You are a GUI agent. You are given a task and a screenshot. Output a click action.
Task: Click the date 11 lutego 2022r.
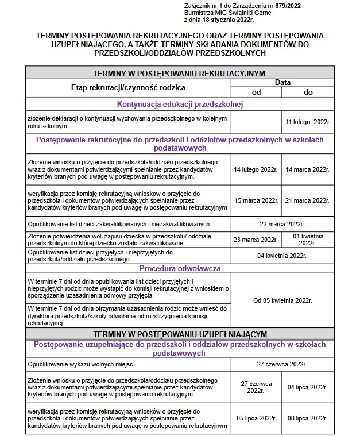coord(308,122)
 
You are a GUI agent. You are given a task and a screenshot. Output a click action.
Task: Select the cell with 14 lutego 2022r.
coord(256,170)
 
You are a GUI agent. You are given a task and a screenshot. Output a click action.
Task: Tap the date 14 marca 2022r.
coord(308,170)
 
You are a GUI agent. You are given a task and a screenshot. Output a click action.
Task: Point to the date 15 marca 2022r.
coord(256,200)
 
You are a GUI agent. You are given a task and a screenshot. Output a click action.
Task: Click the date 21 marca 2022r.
coord(308,200)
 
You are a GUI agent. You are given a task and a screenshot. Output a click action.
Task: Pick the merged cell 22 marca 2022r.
coord(281,223)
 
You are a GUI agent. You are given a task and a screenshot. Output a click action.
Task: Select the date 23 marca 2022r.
coord(256,240)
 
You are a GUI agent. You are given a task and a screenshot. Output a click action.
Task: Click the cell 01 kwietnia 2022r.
coord(308,240)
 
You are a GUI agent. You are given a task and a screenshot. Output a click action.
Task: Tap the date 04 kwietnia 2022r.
coord(281,256)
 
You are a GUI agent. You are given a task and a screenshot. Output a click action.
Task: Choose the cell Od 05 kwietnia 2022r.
coord(281,300)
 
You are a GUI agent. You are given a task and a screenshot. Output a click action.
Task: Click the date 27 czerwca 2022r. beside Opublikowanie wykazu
coord(281,364)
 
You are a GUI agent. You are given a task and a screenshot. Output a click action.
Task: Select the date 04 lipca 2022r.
coord(308,387)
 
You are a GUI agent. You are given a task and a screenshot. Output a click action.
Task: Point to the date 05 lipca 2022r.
coord(256,418)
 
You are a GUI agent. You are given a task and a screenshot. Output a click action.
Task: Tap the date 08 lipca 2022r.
coord(308,418)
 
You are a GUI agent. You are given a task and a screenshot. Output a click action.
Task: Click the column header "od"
coord(256,92)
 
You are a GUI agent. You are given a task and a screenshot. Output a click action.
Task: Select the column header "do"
coord(308,92)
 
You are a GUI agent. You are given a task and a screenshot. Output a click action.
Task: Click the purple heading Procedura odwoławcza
coord(180,268)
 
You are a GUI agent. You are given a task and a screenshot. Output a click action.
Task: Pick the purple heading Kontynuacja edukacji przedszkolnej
coord(180,105)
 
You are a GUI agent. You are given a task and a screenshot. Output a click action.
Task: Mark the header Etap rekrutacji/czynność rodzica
coord(128,87)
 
